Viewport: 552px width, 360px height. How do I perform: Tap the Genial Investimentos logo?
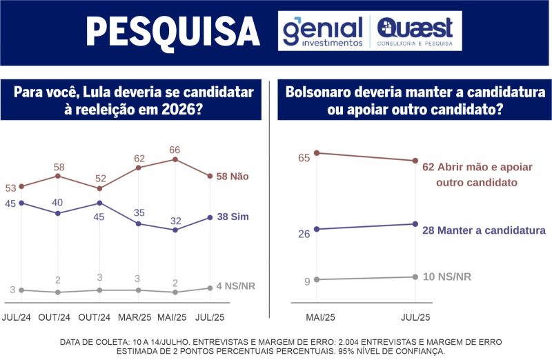coord(323,31)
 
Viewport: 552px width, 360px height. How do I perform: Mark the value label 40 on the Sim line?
coord(59,203)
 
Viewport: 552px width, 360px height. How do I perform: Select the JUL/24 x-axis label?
coord(17,317)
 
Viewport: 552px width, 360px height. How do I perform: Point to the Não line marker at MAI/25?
coord(175,159)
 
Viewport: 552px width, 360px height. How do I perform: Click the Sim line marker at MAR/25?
coord(138,223)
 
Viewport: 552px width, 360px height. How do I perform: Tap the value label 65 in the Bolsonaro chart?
coord(304,158)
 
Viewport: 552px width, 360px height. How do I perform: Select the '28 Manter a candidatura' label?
coord(484,230)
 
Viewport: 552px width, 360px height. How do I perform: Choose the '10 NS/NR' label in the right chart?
coord(446,277)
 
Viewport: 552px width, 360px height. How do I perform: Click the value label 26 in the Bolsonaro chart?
coord(304,234)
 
